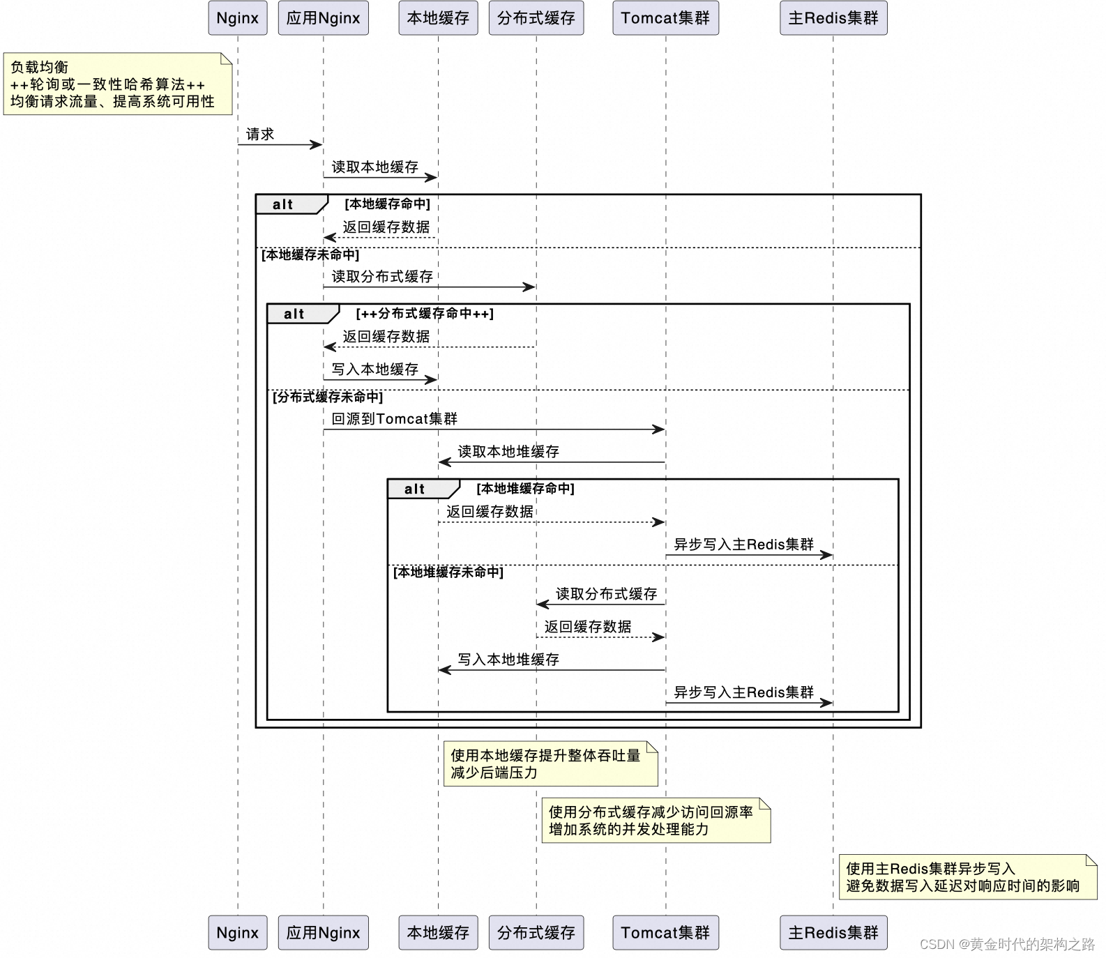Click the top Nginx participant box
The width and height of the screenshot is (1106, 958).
tap(237, 18)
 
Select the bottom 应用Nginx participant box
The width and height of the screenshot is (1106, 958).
tap(323, 932)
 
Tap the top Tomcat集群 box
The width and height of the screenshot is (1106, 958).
tap(665, 18)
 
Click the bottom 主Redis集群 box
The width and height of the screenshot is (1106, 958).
tap(833, 932)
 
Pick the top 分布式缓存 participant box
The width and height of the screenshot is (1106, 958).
tap(536, 18)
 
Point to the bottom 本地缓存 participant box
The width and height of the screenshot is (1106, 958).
tap(438, 932)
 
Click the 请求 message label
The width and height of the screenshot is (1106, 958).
tap(260, 134)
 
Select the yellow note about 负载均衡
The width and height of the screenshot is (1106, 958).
tap(117, 84)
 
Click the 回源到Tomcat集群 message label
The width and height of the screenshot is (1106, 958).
tap(394, 418)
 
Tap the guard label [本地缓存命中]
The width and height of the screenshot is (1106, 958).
tap(387, 204)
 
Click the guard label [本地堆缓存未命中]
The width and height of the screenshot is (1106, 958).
tap(448, 572)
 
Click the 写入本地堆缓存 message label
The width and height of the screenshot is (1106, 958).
tap(508, 659)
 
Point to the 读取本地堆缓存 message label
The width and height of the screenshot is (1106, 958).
tap(508, 451)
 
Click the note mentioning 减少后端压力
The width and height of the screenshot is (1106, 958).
tap(550, 763)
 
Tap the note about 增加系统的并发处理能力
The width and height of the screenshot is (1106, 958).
tap(656, 820)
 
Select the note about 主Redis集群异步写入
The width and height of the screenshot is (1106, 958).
tap(967, 876)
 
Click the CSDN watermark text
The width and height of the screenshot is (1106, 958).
tap(1007, 944)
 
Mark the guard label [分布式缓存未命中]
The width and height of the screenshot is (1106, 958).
tap(327, 397)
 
